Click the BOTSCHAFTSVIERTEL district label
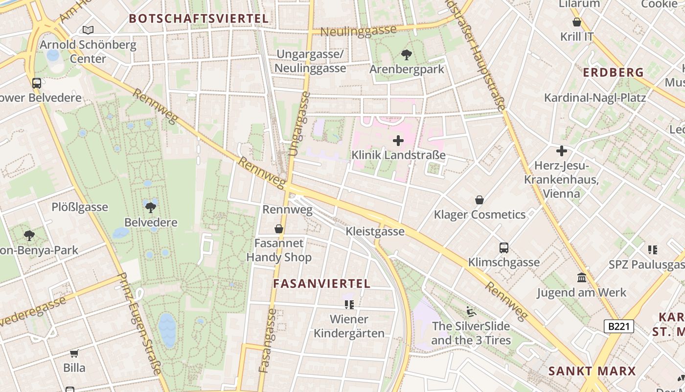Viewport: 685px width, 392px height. (199, 19)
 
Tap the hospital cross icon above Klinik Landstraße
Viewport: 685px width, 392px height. (398, 141)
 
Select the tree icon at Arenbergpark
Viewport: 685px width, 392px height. (406, 54)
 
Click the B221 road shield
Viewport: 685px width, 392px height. (618, 326)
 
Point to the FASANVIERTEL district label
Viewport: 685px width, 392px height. (321, 284)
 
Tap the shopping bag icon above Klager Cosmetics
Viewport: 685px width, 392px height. (479, 200)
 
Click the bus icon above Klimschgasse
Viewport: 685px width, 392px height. (504, 248)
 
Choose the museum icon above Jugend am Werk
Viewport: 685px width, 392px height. (582, 278)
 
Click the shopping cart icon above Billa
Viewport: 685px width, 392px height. (74, 353)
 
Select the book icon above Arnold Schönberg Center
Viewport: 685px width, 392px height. (88, 30)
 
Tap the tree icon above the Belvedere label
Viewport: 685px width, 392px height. (151, 207)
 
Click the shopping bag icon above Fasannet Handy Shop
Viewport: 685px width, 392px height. (279, 229)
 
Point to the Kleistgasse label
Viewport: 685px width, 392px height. (375, 231)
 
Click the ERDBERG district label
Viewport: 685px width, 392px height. (613, 73)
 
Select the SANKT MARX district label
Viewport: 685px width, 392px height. (592, 371)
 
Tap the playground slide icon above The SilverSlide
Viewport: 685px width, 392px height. (471, 311)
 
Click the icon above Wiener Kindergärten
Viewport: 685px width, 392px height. (349, 305)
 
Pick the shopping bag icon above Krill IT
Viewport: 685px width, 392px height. (577, 22)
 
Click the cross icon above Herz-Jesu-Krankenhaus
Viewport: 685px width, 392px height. (561, 151)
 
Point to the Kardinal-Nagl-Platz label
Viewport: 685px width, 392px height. (595, 98)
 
